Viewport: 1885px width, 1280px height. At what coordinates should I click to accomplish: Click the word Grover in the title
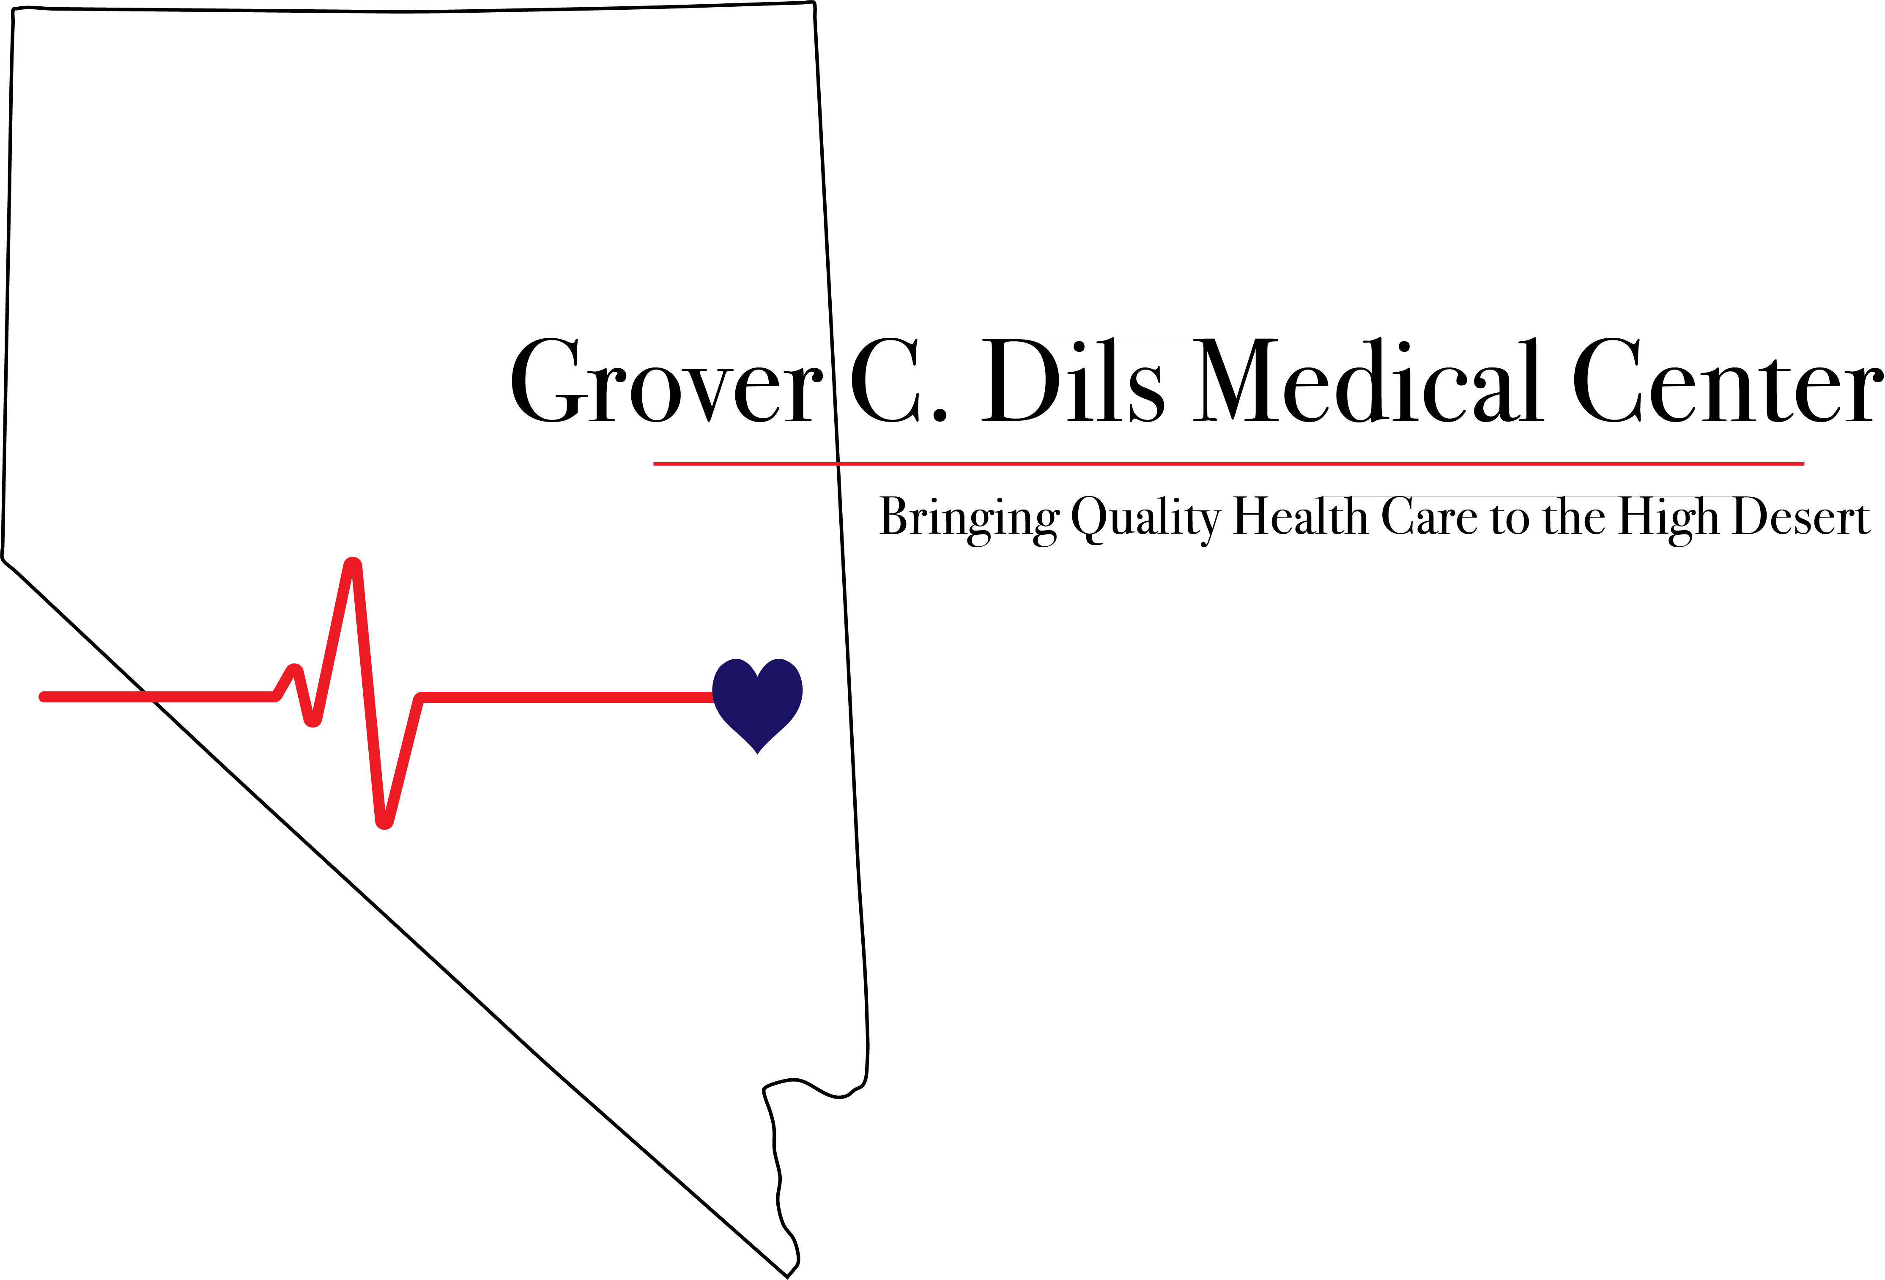665,381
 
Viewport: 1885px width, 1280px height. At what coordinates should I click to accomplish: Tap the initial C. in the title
896,381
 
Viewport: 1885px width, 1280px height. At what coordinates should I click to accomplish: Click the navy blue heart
758,699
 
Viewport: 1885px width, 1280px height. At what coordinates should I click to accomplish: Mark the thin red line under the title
1216,464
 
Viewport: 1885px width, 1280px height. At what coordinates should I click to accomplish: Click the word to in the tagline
1509,519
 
